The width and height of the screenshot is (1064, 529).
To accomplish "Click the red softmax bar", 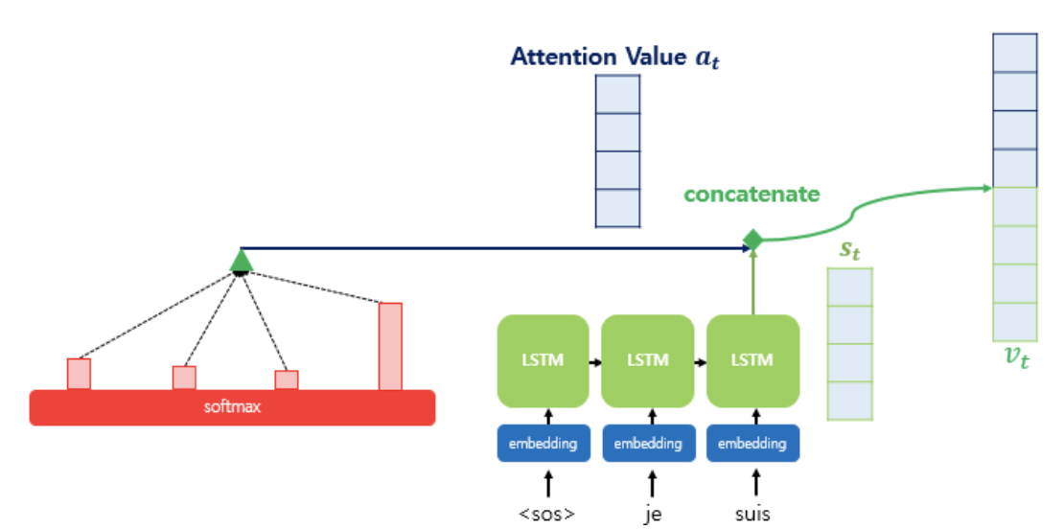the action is point(232,407).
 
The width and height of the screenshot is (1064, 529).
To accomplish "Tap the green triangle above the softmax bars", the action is point(241,261).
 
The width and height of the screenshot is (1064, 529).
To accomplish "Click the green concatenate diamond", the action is point(752,240).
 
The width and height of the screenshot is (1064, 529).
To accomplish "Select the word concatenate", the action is point(752,195).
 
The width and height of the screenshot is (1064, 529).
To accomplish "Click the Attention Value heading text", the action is point(614,57).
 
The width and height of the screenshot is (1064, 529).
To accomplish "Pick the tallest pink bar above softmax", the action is point(390,347).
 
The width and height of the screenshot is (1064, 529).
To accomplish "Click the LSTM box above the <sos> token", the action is point(543,360).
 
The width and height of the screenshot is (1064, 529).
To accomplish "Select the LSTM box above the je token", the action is point(647,360).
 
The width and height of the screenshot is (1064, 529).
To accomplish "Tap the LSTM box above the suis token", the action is point(752,360).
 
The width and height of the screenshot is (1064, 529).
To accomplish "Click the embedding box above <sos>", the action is point(543,444).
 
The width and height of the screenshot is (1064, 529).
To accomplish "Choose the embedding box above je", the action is point(647,444).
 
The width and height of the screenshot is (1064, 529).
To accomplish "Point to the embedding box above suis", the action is point(752,444).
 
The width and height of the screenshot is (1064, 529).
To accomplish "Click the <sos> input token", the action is point(547,514).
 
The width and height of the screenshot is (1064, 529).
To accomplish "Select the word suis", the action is point(752,514).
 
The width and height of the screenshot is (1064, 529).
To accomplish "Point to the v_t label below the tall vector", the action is point(1016,357).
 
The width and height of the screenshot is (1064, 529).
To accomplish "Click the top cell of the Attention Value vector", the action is point(617,94).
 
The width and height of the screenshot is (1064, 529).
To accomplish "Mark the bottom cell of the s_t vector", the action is point(849,401).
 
